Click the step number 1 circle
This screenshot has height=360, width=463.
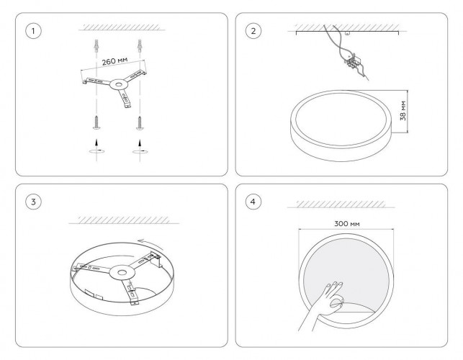[31, 31]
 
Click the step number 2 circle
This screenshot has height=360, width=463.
[253, 31]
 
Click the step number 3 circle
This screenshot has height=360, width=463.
[31, 201]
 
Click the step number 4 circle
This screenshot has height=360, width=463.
[253, 201]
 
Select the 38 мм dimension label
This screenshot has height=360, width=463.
[404, 109]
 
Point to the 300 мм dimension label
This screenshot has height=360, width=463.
[347, 224]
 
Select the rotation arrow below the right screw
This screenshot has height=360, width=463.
[138, 152]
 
